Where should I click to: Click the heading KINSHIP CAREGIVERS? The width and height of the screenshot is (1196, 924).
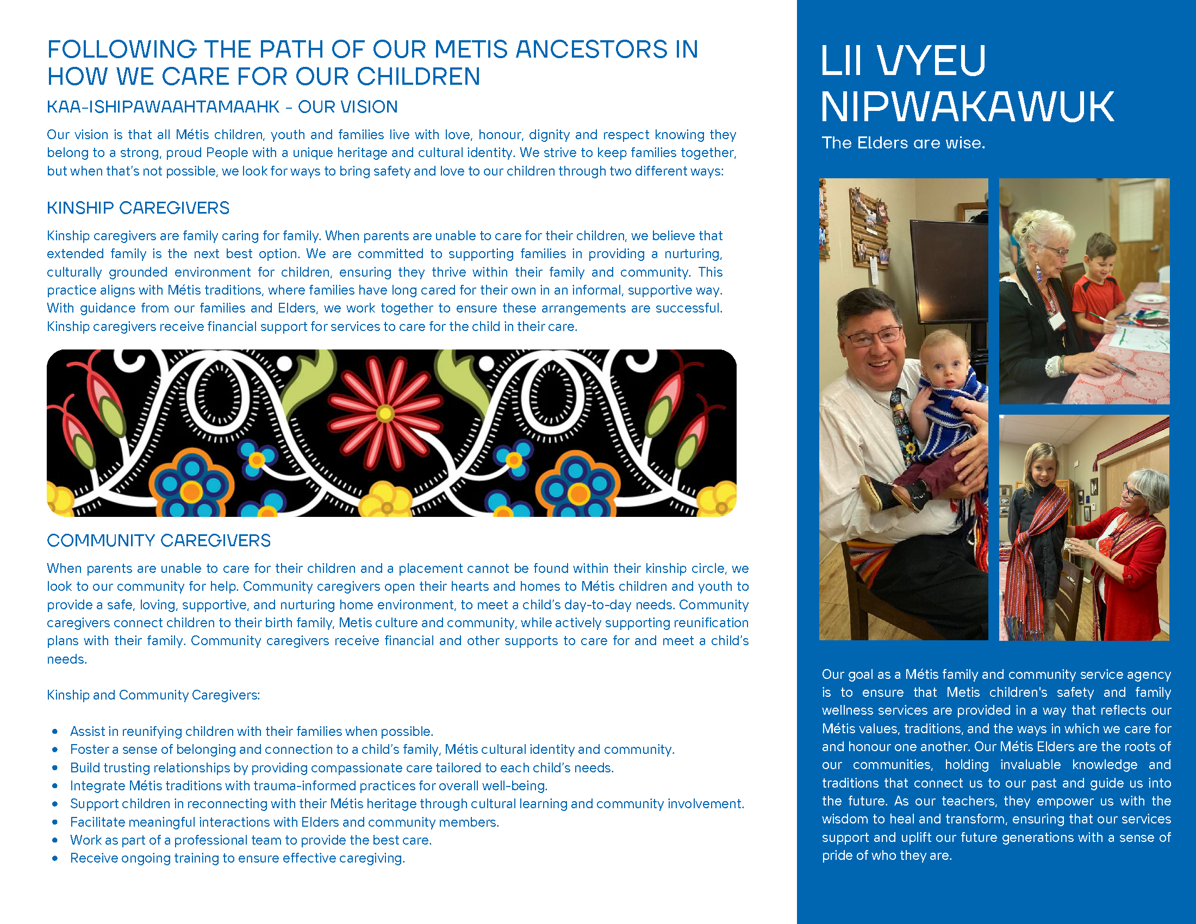[138, 208]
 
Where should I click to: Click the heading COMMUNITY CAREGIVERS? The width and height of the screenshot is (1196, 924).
[159, 540]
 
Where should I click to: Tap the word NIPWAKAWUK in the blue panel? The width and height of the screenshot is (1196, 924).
[967, 107]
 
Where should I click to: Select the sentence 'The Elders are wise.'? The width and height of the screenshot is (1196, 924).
[903, 143]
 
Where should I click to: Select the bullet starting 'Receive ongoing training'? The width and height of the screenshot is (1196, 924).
[237, 858]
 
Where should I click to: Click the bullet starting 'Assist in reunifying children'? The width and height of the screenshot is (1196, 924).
[251, 731]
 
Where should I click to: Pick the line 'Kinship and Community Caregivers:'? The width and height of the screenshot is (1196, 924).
[153, 695]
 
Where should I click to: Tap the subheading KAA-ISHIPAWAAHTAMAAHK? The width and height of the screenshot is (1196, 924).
[163, 107]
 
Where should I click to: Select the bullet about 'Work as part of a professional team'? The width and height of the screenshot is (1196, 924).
[251, 840]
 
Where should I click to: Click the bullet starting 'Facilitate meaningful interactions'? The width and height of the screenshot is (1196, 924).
[284, 822]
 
